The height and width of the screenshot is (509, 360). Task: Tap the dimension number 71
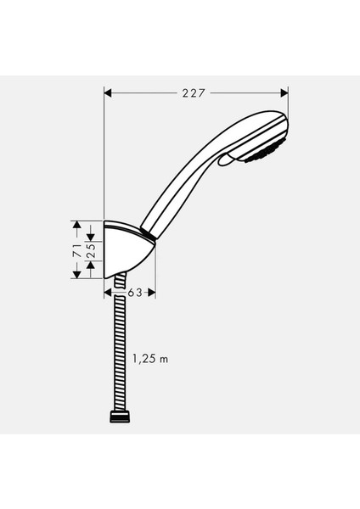[76, 250]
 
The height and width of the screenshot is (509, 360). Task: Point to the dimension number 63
[132, 293]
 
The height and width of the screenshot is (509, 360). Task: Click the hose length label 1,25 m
[150, 359]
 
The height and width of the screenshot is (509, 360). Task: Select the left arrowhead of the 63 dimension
[109, 293]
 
